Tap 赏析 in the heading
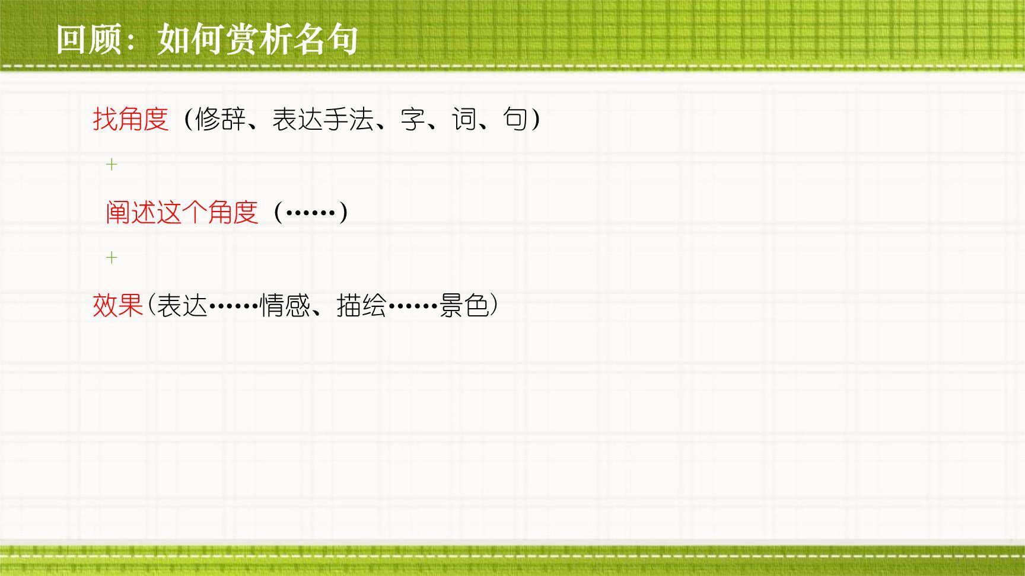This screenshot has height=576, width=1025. pos(257,40)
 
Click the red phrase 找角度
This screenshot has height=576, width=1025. pos(131,119)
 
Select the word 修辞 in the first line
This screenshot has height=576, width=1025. pos(220,119)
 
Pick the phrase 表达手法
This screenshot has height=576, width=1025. pos(323,119)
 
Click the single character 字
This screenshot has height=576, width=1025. pos(413,119)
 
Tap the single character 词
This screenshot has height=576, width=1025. pos(464,119)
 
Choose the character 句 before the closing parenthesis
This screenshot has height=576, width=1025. pos(515,119)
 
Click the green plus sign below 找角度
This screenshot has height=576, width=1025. pos(112,164)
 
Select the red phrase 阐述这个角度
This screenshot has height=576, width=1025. pos(182,212)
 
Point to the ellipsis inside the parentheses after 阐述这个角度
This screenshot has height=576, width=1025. pos(311,212)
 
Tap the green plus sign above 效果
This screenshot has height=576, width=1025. pos(112,257)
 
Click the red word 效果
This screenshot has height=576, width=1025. pos(119,306)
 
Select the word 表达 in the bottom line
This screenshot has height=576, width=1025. pos(182,306)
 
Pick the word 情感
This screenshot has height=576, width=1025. pos(285,306)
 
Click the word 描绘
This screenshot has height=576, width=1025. pos(361,306)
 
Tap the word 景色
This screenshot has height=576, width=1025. pos(464,306)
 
